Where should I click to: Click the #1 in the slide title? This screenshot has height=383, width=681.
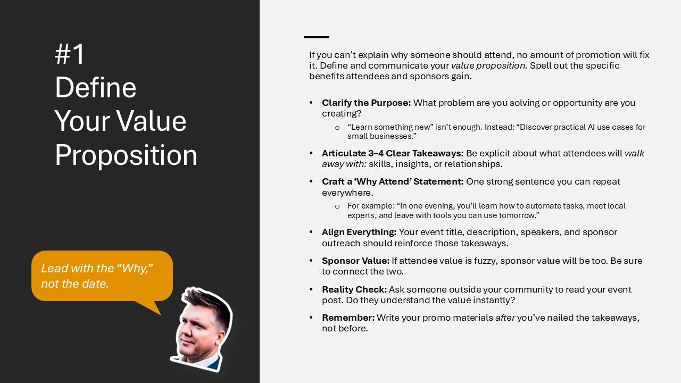click(70, 54)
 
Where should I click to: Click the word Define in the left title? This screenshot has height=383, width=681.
click(95, 88)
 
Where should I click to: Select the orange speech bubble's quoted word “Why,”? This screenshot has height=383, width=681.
click(135, 269)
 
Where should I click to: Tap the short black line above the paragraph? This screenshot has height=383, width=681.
click(317, 37)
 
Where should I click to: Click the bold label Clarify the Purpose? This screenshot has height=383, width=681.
click(367, 103)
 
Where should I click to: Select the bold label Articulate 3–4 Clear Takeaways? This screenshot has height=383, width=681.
click(393, 153)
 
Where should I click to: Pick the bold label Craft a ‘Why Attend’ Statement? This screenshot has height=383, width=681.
click(393, 181)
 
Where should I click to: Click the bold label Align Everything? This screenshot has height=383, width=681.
click(359, 232)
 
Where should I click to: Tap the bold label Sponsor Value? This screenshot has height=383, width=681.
click(356, 261)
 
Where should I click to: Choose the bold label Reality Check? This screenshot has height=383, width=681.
click(354, 289)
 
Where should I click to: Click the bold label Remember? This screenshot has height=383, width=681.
click(348, 318)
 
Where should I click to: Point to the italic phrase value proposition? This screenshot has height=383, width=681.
click(489, 65)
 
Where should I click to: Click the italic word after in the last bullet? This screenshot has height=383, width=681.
click(505, 318)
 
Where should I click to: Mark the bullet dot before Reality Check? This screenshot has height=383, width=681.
click(311, 289)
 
